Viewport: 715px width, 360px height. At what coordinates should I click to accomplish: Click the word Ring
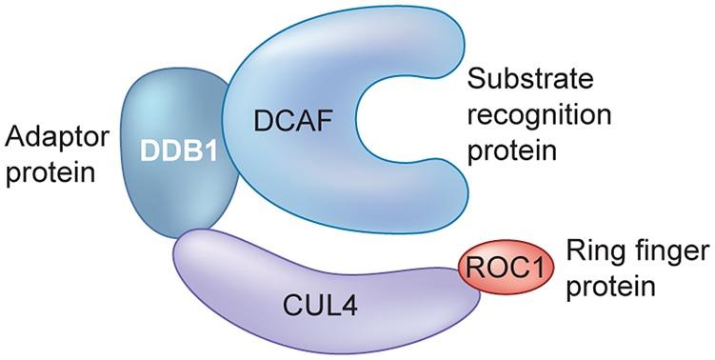593,251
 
